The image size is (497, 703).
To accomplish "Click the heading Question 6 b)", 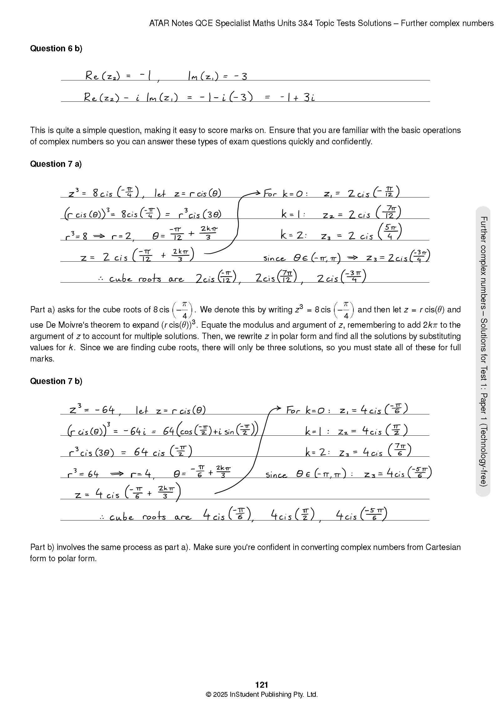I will tap(56, 49).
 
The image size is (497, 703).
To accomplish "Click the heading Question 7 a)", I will tap(56, 164).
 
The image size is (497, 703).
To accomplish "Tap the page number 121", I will tap(261, 685).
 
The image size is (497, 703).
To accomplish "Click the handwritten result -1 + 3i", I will tap(297, 97).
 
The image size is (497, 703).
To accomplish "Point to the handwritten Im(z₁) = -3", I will tap(217, 76).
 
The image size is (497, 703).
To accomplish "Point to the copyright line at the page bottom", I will tap(261, 694).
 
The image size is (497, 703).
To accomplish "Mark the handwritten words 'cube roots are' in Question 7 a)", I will tap(146, 279).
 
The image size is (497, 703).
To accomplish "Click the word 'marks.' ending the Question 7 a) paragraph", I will tap(42, 359).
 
